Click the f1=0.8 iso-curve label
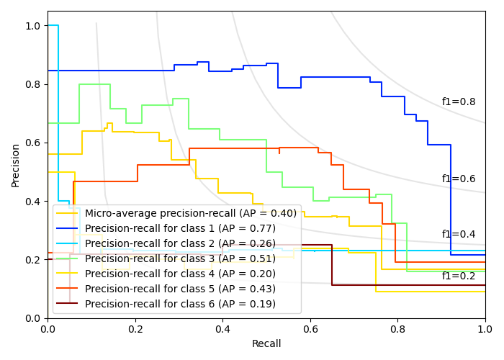(459, 102)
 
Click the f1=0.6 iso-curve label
(459, 179)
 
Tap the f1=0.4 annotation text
(459, 235)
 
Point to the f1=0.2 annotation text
(459, 276)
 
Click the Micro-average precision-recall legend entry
(190, 213)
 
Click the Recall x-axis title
(266, 344)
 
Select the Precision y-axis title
(16, 164)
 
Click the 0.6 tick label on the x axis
(310, 329)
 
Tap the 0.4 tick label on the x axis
(222, 329)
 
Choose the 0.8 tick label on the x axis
(397, 329)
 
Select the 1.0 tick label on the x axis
(485, 329)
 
